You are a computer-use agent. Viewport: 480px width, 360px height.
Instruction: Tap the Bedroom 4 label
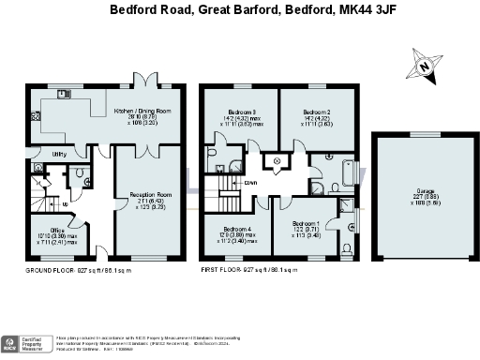pos(237,233)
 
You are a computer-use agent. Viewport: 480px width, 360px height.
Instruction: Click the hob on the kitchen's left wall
pos(35,118)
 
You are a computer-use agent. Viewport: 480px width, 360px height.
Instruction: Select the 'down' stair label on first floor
pos(251,184)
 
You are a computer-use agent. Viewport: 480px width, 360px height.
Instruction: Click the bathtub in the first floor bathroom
pos(348,172)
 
